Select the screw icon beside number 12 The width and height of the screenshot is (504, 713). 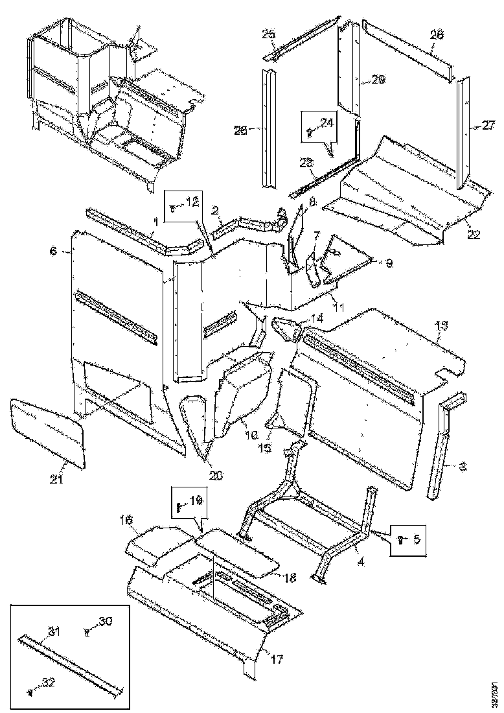pyautogui.click(x=172, y=209)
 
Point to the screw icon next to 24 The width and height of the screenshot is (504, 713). pyautogui.click(x=309, y=132)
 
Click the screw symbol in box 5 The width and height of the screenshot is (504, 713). pyautogui.click(x=400, y=539)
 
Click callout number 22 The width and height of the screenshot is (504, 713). pyautogui.click(x=474, y=235)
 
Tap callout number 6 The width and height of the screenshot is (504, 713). pyautogui.click(x=52, y=250)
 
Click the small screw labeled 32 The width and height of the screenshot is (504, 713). pyautogui.click(x=30, y=692)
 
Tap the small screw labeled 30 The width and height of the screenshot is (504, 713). pyautogui.click(x=87, y=632)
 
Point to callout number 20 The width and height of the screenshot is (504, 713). pyautogui.click(x=216, y=475)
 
